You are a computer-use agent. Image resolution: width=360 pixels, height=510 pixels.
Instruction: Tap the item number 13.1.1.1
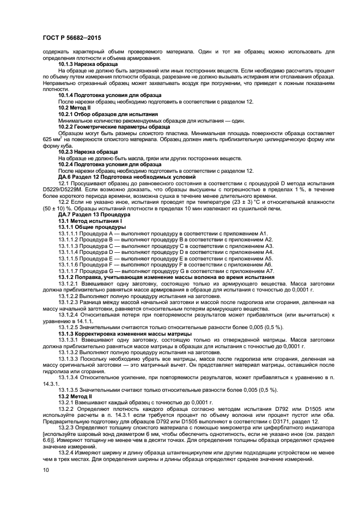tap(70, 233)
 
